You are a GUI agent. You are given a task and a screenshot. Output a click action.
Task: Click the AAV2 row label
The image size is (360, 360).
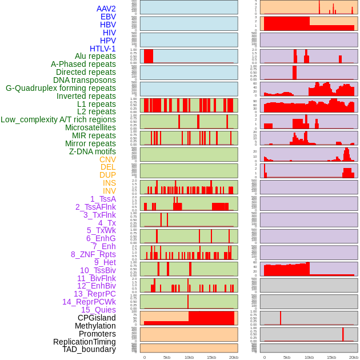coord(106,9)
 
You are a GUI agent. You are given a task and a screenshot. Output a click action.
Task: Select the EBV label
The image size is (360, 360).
coord(108,17)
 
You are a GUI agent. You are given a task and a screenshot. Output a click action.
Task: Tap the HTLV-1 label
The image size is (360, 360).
coord(103,49)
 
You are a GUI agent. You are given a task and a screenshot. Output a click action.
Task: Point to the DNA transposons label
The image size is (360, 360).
coord(85,80)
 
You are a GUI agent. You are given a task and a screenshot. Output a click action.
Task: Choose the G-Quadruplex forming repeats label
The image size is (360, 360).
coord(61,88)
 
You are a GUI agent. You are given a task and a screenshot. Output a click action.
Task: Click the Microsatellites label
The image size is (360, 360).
coord(90,127)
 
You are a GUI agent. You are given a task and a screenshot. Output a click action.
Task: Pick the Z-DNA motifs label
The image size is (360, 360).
coord(93,151)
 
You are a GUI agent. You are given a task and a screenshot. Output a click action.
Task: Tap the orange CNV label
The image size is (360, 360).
coord(107,159)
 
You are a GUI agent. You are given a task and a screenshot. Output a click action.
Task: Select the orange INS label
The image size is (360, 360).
coord(109,183)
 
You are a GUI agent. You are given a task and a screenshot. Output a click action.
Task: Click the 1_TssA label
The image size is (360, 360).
coord(103,199)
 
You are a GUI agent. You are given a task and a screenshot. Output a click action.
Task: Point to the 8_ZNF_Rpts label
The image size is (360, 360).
coord(93,254)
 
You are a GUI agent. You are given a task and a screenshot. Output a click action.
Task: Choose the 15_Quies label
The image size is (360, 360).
coord(98,310)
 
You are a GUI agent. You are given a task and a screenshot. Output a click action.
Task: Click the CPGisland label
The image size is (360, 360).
coord(97,318)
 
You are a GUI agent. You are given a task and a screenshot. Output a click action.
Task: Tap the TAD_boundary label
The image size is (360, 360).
coord(89,349)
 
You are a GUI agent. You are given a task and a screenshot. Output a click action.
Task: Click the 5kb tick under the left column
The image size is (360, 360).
coord(167,357)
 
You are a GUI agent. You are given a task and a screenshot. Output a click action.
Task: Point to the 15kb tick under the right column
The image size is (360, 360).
coord(331,357)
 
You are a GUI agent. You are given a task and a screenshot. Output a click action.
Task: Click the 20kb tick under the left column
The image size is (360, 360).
coord(233,357)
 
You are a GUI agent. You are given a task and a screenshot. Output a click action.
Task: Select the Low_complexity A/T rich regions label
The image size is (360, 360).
coord(58,119)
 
